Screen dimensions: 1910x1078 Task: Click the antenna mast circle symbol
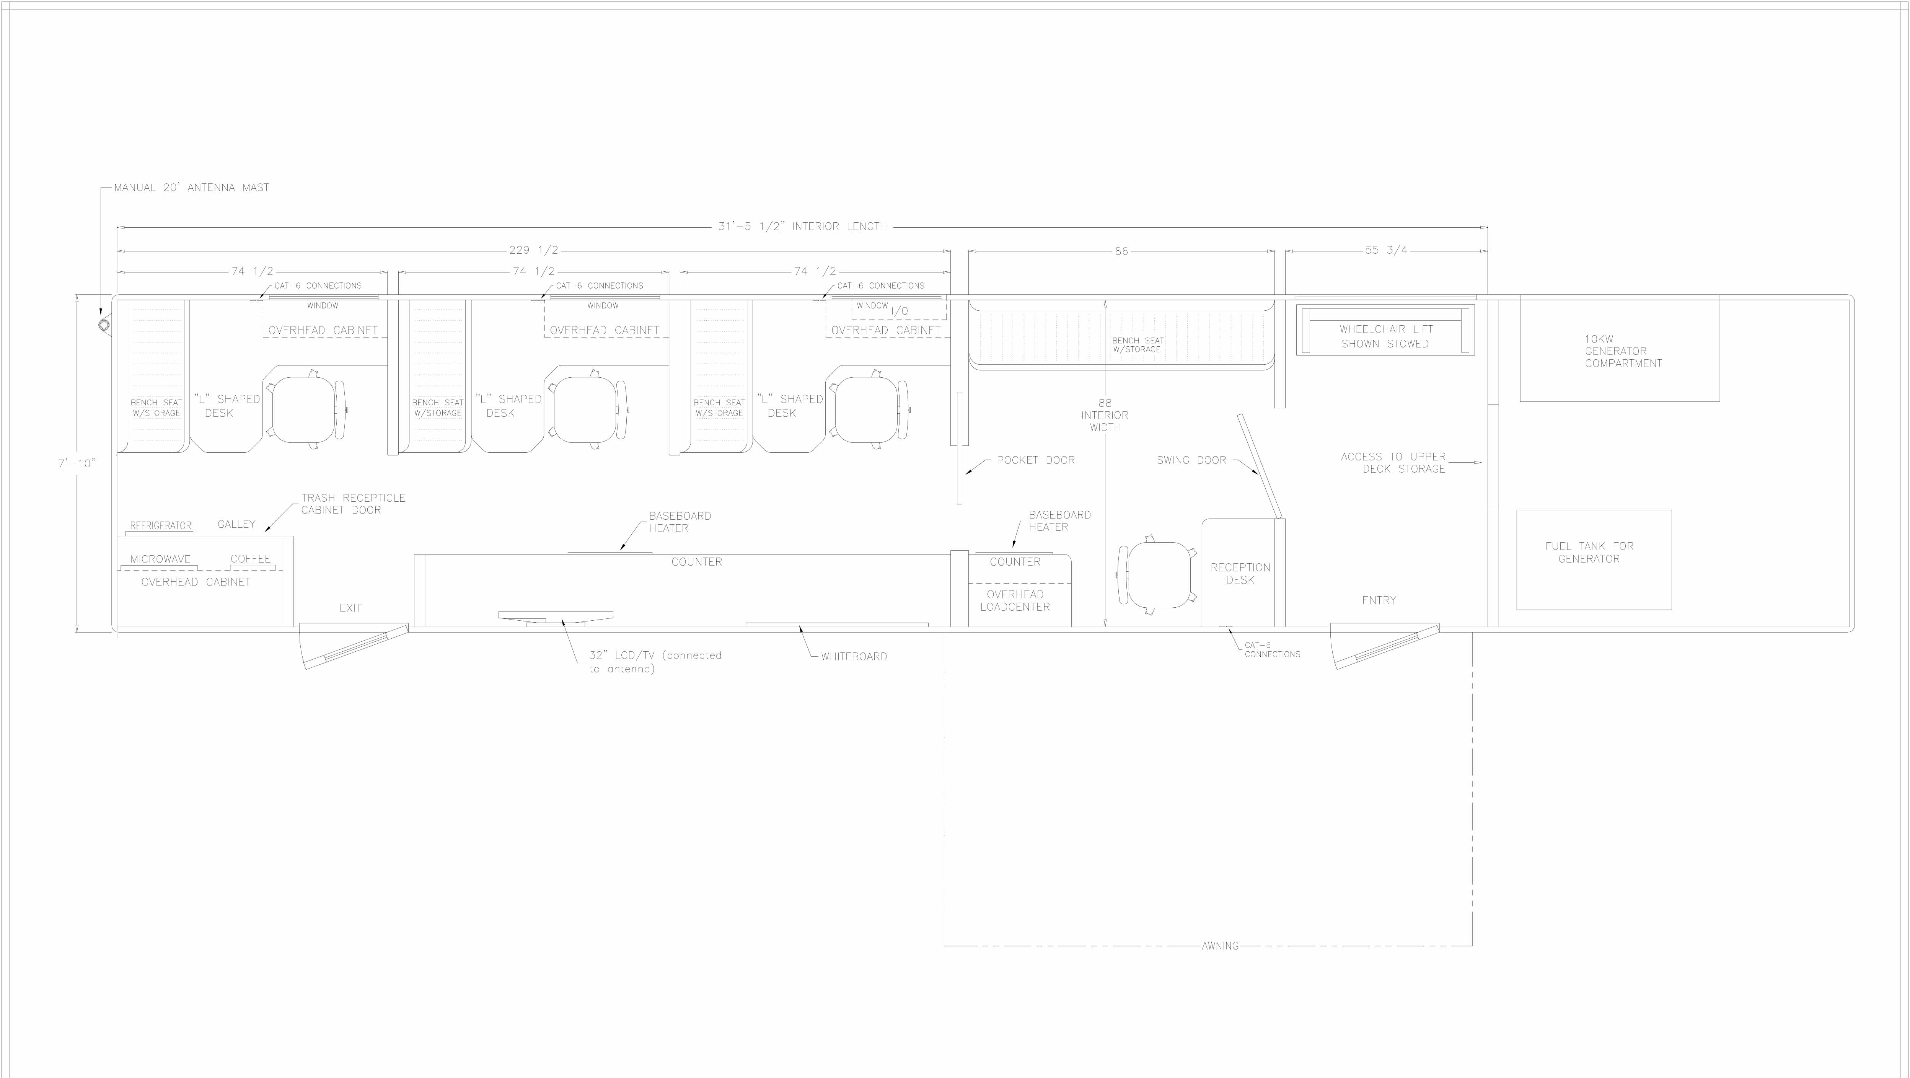(x=104, y=325)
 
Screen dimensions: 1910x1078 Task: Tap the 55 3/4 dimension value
(x=1386, y=251)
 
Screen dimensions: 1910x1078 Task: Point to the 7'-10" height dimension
(x=77, y=463)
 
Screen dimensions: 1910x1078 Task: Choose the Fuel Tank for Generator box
(x=1594, y=560)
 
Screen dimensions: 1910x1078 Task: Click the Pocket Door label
(x=1035, y=460)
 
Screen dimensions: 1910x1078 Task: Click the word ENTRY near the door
(x=1379, y=600)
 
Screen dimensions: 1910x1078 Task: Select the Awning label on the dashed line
(x=1220, y=946)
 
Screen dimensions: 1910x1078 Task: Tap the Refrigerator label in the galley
(x=160, y=526)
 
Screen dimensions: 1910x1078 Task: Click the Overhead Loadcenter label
(x=1015, y=600)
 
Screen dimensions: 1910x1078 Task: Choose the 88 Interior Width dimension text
(x=1105, y=415)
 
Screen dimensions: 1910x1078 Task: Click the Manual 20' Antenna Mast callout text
(x=191, y=188)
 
